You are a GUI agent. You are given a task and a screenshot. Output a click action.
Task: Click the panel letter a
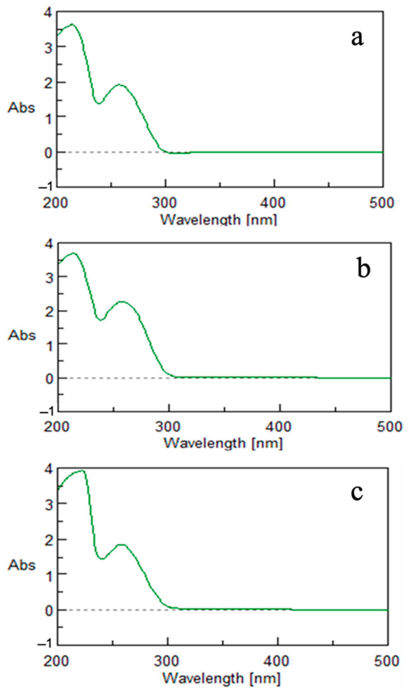[357, 38]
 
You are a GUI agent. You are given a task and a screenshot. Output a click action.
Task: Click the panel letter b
[363, 268]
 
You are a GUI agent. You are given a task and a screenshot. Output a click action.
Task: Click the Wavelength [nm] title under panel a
[218, 220]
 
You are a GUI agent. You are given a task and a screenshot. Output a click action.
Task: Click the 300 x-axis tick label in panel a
[164, 203]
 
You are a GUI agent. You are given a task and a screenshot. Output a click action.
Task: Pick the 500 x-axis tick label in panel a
[382, 203]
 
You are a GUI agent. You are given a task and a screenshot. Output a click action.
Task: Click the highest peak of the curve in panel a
[72, 24]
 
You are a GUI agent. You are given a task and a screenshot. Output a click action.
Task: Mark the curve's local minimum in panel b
[101, 320]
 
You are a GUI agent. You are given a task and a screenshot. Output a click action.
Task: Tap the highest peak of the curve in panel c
[82, 470]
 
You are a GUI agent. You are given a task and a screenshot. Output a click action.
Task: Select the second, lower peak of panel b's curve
[122, 302]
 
